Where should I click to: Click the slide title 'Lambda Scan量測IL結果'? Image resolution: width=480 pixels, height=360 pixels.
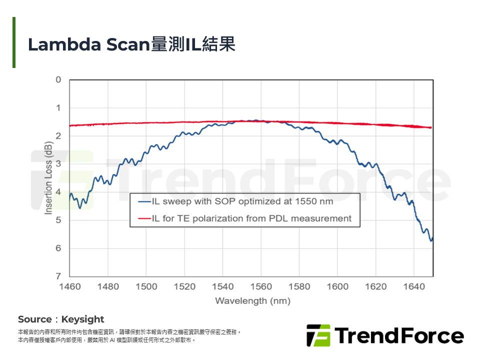point(131,45)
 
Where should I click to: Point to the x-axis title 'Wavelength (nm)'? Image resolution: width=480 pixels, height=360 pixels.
point(252,301)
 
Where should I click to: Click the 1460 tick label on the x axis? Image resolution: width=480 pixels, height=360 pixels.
point(69,286)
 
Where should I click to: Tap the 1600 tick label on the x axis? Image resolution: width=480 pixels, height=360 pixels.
point(337,286)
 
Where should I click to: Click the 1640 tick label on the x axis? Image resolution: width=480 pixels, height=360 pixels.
point(414,286)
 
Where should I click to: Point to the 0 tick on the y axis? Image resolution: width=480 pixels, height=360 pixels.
point(58,80)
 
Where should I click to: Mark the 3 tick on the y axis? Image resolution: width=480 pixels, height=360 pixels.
point(58,164)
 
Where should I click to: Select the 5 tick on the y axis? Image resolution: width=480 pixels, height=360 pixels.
point(58,220)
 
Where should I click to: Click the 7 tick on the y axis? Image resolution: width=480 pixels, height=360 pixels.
point(58,276)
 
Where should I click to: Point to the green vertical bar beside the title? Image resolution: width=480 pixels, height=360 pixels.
point(14,42)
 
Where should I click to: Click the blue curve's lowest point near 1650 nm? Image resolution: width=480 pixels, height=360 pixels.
point(431,241)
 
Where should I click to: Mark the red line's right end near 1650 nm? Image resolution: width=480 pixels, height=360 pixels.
point(431,128)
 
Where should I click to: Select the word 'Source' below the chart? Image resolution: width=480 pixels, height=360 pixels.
point(34,319)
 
